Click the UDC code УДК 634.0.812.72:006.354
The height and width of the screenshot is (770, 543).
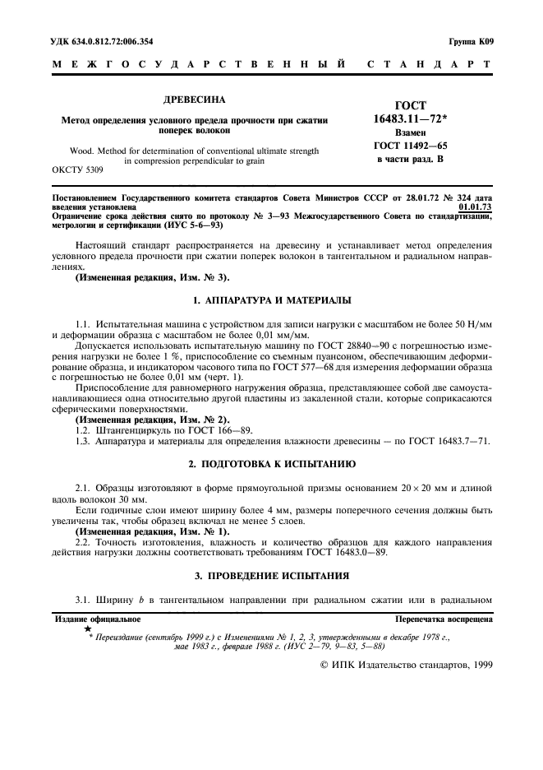point(103,40)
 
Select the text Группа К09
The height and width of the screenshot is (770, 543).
point(470,40)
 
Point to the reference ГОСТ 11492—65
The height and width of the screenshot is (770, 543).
point(410,145)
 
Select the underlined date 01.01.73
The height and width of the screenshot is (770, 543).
point(476,207)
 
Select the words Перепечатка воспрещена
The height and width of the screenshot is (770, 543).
point(444,619)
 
